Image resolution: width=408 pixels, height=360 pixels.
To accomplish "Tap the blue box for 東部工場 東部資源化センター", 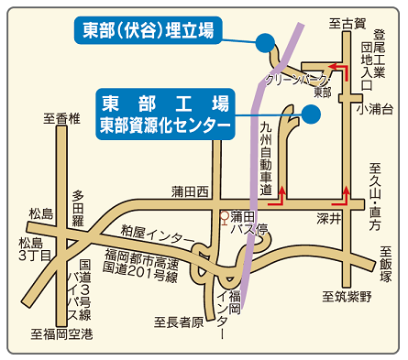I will click(x=165, y=113).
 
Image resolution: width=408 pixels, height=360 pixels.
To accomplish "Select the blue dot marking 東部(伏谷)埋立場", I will click(x=265, y=41).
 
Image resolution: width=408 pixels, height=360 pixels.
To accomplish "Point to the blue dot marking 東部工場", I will click(x=310, y=114).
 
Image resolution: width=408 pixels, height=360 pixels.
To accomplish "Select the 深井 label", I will click(x=329, y=220).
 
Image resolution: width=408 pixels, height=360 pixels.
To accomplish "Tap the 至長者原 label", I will click(x=176, y=322).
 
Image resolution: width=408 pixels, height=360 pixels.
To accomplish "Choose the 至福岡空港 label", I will click(x=62, y=334).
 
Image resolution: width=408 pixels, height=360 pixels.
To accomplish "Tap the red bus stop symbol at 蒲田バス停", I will click(x=225, y=217).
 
